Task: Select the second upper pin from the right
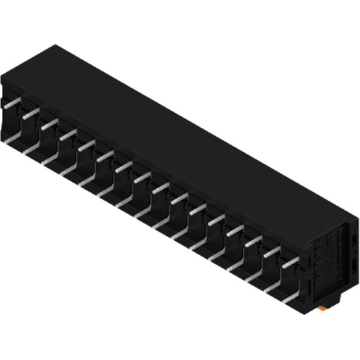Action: point(271,253)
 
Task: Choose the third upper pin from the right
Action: point(252,243)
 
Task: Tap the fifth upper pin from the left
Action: point(86,145)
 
